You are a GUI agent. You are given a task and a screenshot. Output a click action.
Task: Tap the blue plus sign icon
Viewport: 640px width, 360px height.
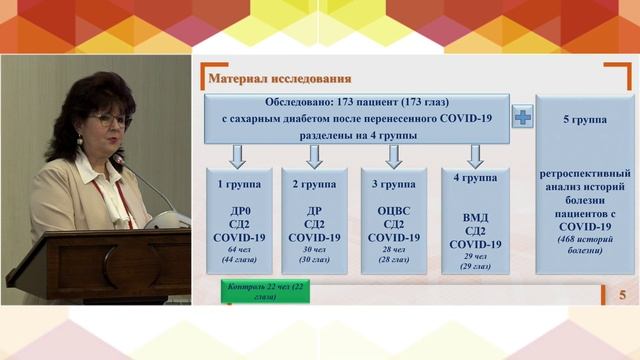point(521,117)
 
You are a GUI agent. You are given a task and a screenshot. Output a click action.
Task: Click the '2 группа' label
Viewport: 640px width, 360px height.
point(314,185)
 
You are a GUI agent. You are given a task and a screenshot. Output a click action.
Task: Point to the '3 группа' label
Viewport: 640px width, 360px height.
point(393,185)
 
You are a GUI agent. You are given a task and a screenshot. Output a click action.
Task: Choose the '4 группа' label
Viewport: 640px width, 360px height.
point(475,178)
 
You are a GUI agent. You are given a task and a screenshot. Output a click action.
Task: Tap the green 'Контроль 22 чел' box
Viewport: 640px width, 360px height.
point(256,292)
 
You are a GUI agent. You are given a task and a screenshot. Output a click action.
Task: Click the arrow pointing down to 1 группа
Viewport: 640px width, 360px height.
point(237,155)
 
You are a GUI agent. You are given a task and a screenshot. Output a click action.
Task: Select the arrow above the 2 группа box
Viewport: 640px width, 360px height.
point(314,155)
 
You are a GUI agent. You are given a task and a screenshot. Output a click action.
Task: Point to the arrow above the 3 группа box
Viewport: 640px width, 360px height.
point(393,155)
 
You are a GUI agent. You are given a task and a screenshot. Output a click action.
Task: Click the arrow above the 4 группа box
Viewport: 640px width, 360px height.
point(475,155)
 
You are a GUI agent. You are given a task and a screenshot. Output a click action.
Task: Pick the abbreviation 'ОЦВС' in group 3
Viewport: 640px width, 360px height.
point(393,212)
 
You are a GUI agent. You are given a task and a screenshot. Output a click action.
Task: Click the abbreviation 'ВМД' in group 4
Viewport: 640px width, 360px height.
point(475,217)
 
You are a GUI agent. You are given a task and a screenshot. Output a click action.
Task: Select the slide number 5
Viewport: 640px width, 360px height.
point(623,294)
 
